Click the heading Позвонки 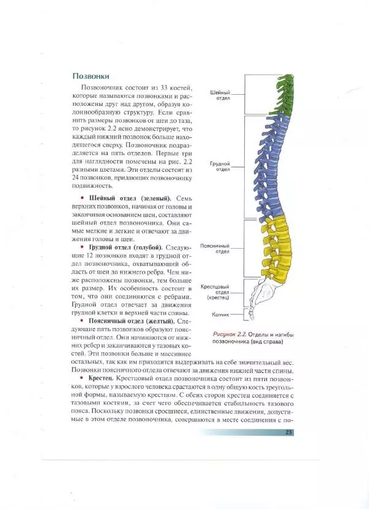pos(91,76)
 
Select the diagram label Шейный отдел pos(220,95)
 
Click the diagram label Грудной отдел pos(220,167)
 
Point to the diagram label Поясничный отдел pos(215,248)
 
